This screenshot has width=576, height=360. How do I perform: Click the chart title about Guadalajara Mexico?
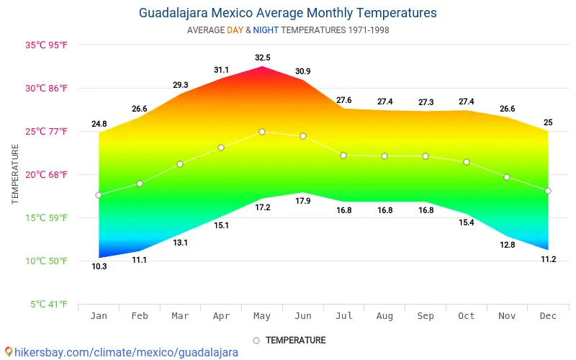(287, 13)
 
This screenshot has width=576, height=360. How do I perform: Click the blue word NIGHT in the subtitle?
(265, 30)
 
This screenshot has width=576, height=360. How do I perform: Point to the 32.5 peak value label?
(262, 58)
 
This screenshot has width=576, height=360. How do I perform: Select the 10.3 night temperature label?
(99, 267)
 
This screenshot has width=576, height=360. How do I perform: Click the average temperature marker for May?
(262, 132)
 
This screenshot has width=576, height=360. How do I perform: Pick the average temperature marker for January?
(99, 195)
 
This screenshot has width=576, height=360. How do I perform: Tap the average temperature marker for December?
(548, 191)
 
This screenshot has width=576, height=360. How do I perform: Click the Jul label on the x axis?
(343, 315)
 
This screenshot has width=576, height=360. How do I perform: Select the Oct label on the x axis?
(467, 315)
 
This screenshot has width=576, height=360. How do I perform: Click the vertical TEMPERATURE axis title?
(15, 174)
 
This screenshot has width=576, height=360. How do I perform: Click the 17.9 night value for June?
(303, 201)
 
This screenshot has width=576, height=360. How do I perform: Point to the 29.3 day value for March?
(181, 85)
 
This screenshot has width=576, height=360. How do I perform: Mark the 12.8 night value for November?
(508, 245)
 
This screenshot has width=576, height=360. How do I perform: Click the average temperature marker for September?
(426, 156)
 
